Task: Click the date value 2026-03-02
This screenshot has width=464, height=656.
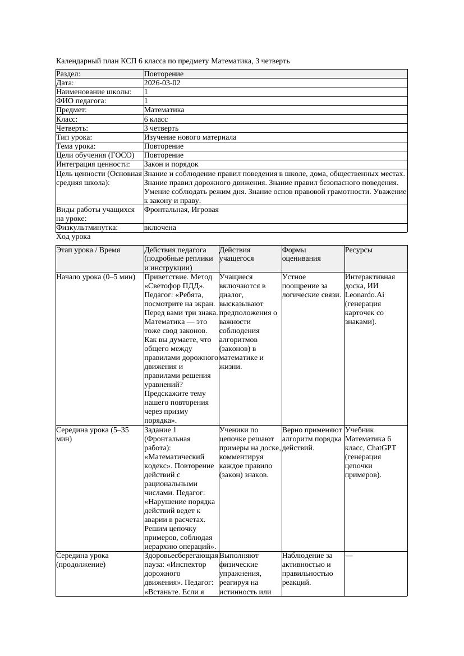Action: pos(162,82)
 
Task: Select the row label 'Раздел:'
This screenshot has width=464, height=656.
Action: pos(68,73)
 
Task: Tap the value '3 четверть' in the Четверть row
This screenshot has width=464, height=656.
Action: pos(161,128)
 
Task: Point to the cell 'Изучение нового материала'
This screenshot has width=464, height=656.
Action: pos(190,137)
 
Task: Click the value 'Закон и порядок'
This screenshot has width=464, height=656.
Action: pos(171,164)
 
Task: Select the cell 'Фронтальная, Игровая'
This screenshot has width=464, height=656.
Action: pos(181,210)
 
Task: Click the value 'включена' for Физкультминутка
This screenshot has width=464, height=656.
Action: pos(160,228)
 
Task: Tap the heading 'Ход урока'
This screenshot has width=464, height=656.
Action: pos(73,237)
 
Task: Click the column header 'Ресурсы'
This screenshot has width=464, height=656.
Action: pos(359,250)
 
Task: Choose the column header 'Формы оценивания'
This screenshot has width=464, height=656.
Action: pos(301,254)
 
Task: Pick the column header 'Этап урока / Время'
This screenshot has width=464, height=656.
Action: pos(88,250)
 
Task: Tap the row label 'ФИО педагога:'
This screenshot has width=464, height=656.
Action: pos(81,101)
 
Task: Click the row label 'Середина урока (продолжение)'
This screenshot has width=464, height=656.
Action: pos(82,560)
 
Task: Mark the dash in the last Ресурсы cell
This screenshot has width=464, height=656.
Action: pos(349,556)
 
